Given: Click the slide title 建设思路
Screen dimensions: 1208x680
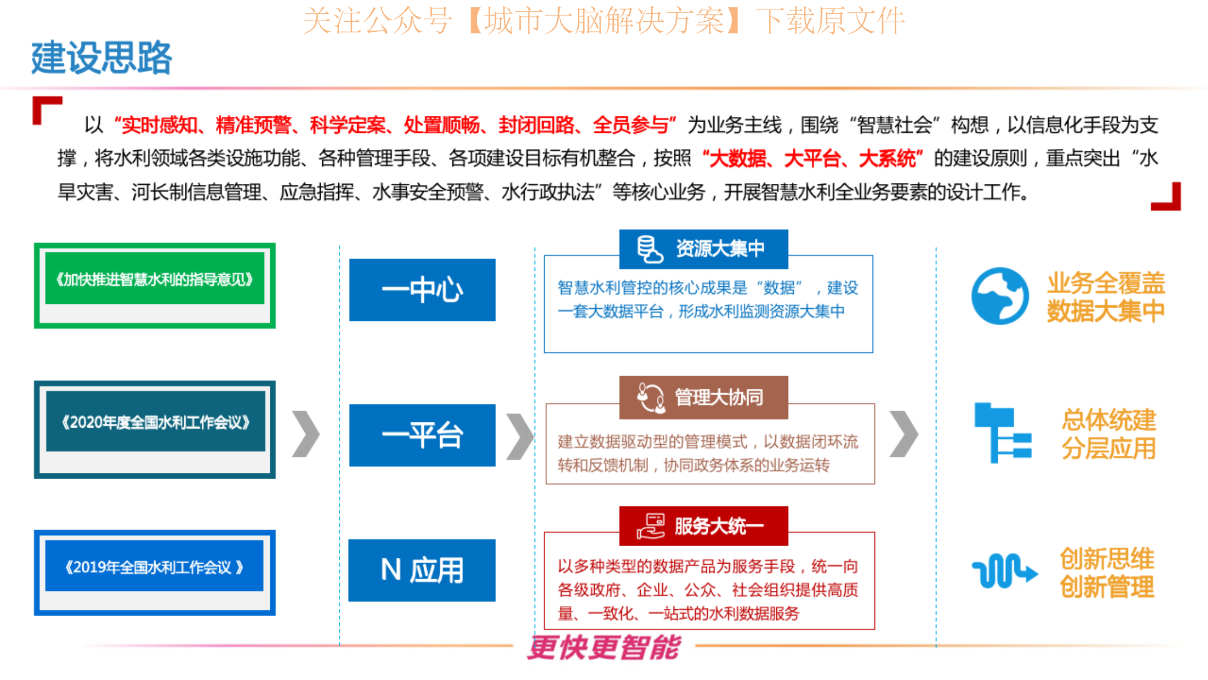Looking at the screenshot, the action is click(101, 57).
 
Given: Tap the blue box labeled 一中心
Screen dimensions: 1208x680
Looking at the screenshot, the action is click(422, 290).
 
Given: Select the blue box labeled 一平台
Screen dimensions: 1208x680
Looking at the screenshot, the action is click(422, 435).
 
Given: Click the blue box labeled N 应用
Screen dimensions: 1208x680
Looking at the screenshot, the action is click(422, 570).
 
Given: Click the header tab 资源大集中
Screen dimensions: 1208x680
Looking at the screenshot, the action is click(704, 249).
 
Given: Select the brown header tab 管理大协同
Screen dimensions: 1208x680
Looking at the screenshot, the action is click(704, 397).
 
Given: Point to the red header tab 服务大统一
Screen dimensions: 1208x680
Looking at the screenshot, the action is click(704, 526).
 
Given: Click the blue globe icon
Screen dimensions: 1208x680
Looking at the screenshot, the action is click(1000, 296).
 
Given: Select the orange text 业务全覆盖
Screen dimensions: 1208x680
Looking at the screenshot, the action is click(1106, 283).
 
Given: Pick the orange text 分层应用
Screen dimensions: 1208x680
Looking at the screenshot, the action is click(1109, 448).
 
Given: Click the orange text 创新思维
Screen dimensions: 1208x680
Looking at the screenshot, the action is click(1107, 559).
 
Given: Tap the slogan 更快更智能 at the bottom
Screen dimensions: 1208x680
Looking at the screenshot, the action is click(604, 647).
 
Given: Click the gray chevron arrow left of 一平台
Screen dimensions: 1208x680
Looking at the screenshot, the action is click(306, 434).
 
